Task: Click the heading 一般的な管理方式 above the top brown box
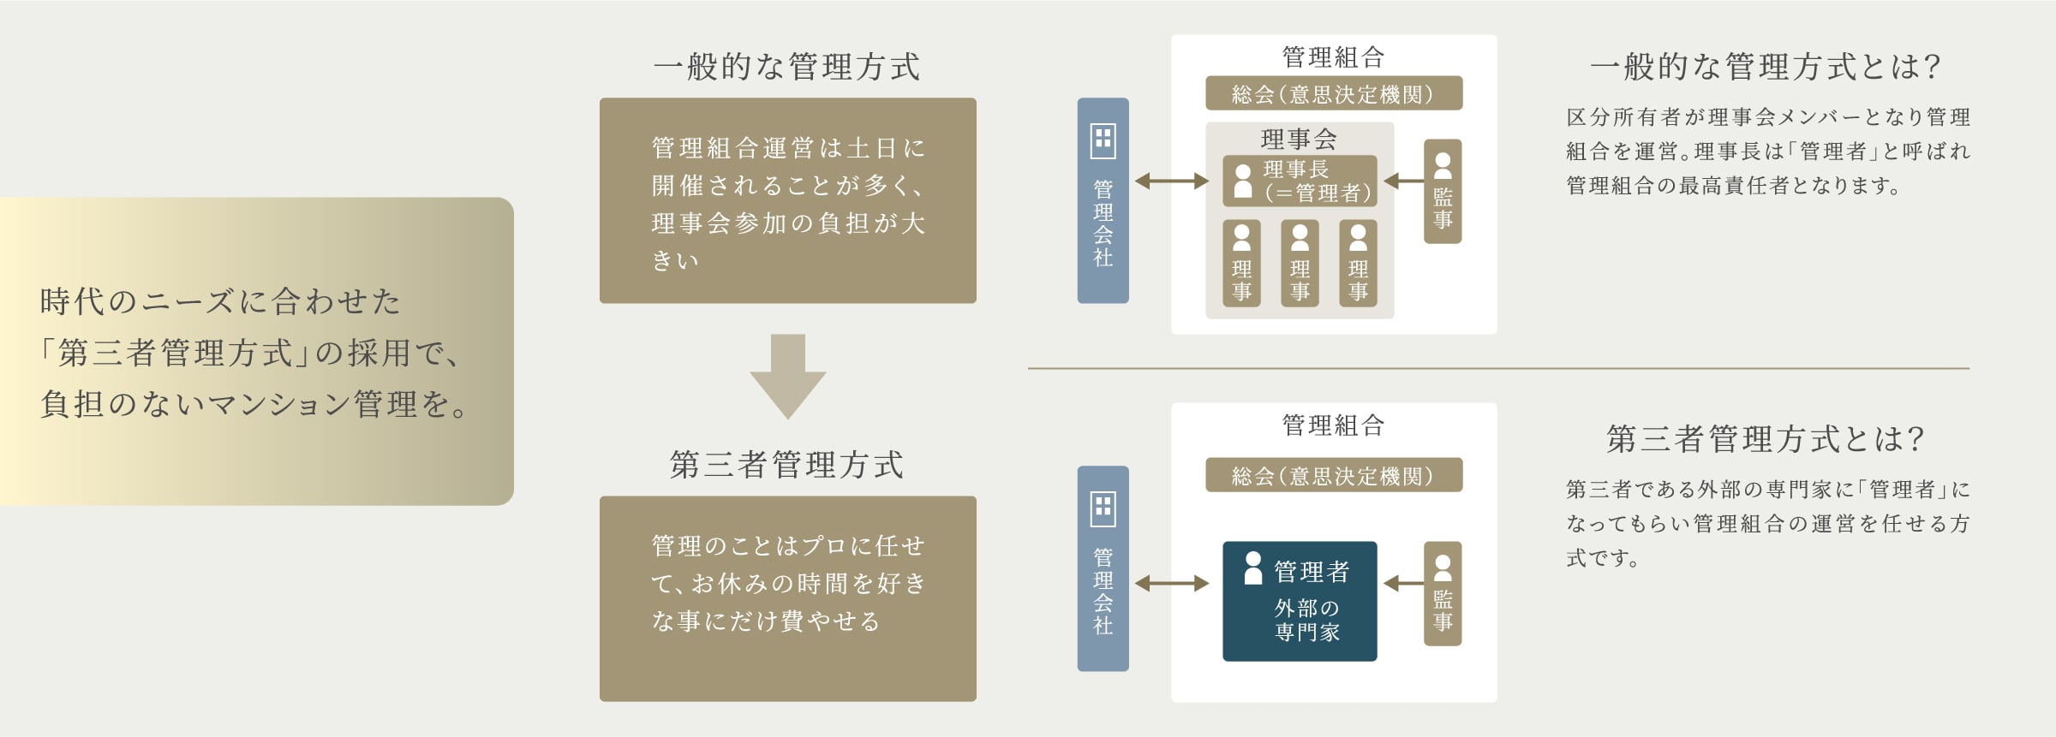786,67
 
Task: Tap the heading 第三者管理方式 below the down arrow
786,465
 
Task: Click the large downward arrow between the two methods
787,375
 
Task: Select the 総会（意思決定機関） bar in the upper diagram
1333,93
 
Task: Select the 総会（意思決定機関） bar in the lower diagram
1333,475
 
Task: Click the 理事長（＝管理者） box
1300,181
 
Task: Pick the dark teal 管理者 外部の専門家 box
1300,601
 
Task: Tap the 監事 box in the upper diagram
1443,191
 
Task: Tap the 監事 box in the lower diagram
1443,593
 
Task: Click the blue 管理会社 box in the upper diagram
1103,200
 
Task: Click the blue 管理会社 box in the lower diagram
1103,568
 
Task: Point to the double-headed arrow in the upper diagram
1171,181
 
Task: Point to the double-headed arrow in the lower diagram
1171,584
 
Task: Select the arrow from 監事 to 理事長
1402,181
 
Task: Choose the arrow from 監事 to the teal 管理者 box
1402,584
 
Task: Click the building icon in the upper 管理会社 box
1103,141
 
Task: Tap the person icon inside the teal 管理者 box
1253,568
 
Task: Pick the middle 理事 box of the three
1300,263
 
